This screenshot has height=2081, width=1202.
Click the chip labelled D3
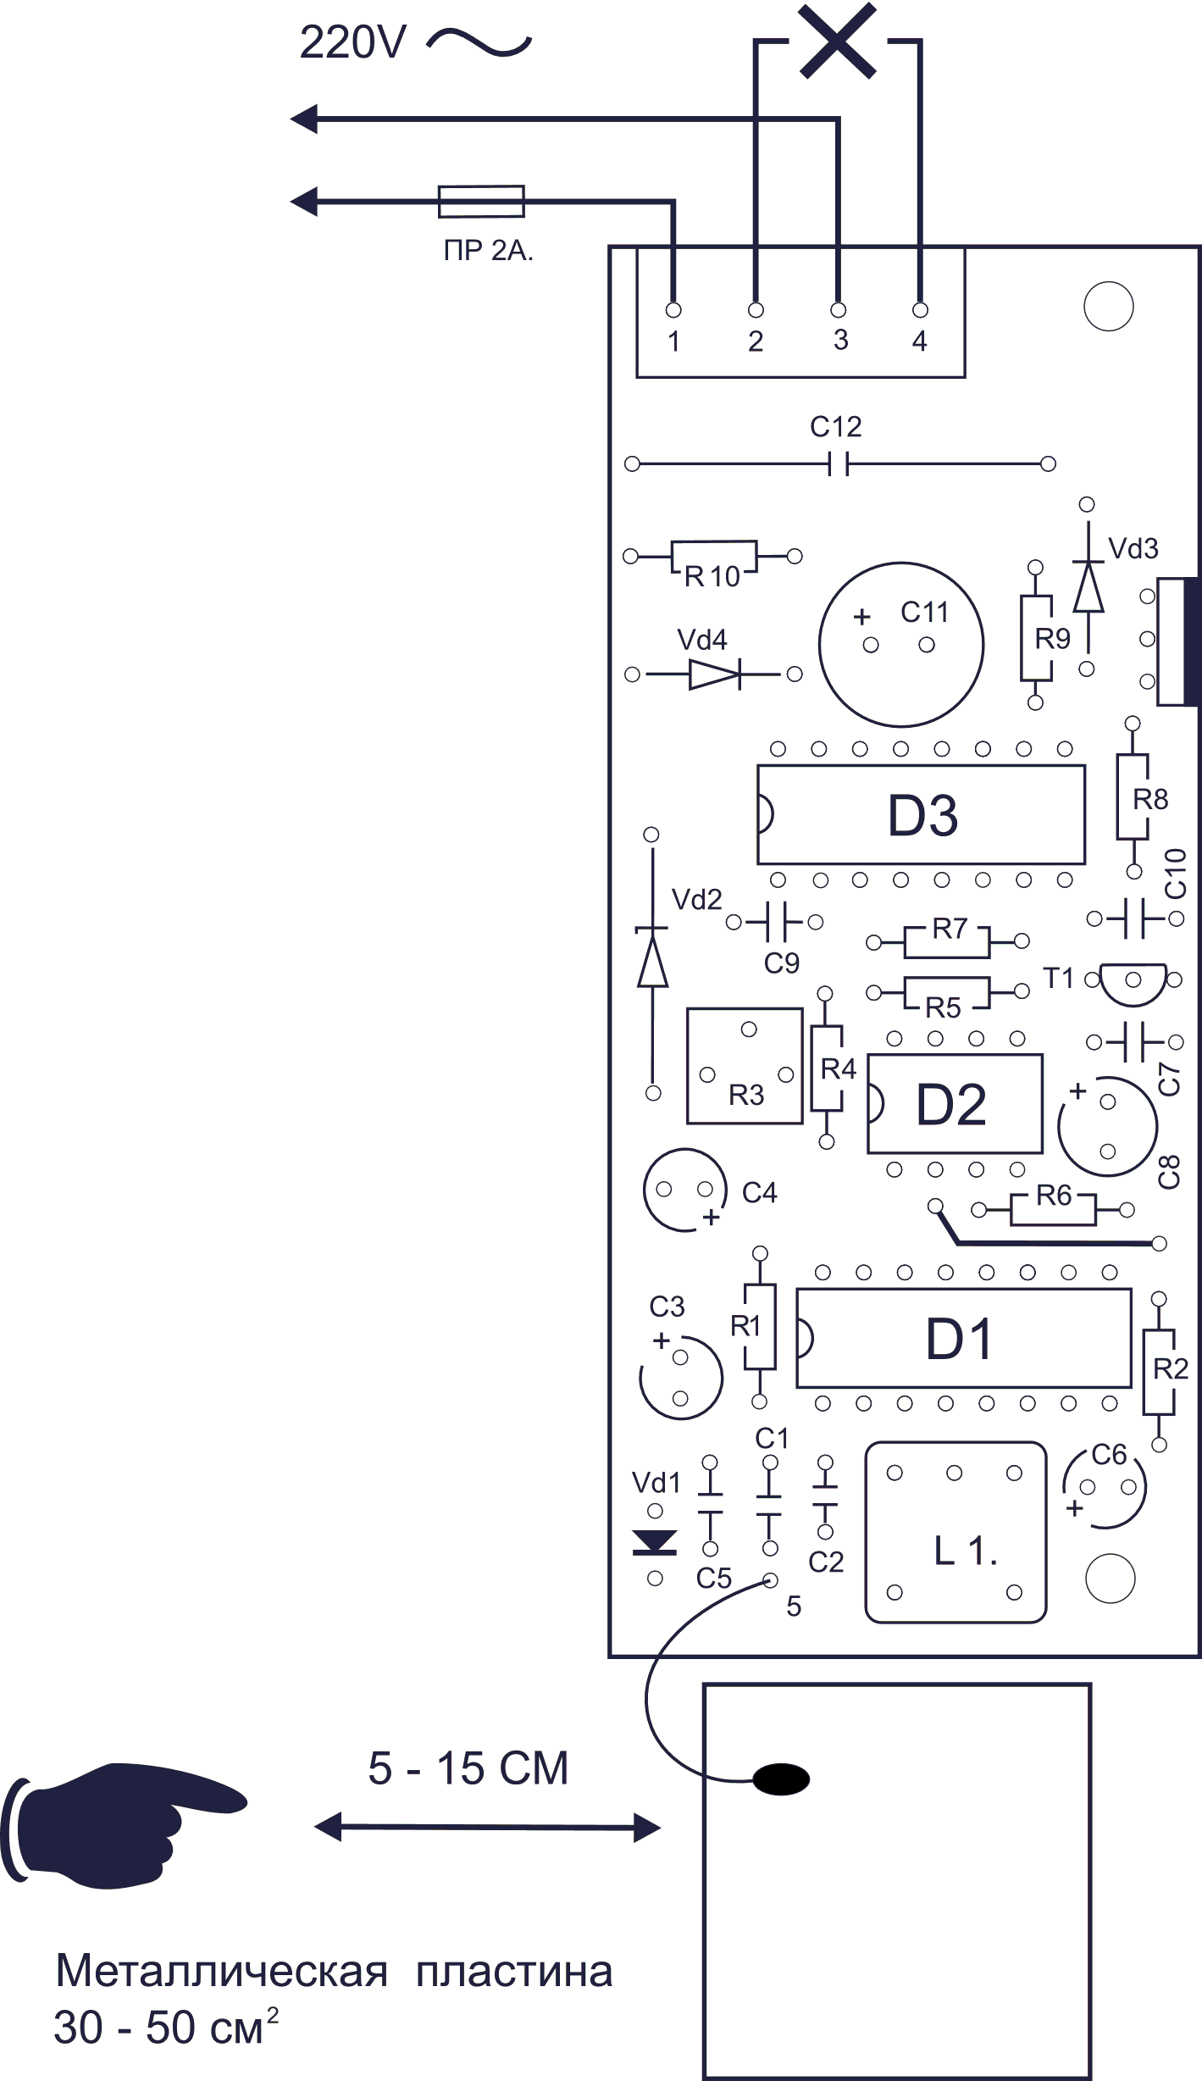pos(921,814)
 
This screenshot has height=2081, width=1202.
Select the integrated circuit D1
pos(963,1338)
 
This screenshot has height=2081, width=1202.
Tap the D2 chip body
pos(955,1103)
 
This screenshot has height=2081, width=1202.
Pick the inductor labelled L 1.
pos(956,1532)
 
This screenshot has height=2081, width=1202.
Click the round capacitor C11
pos(900,644)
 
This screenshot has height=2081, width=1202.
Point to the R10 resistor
pos(713,558)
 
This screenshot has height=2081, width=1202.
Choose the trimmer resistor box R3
pos(745,1065)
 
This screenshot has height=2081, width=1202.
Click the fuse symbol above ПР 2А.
pos(481,202)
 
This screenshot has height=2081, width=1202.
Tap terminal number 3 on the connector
pos(839,310)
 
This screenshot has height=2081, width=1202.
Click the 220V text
pos(353,42)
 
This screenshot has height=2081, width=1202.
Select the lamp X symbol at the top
pos(837,41)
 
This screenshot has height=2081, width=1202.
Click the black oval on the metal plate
pos(781,1779)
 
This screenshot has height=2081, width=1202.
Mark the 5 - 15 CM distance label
pos(468,1768)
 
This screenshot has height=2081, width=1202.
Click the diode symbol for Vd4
pos(714,674)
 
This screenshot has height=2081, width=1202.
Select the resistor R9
pos(1036,637)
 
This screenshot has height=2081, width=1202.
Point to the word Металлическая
pos(221,1971)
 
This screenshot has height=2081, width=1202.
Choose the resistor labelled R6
pos(1053,1209)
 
